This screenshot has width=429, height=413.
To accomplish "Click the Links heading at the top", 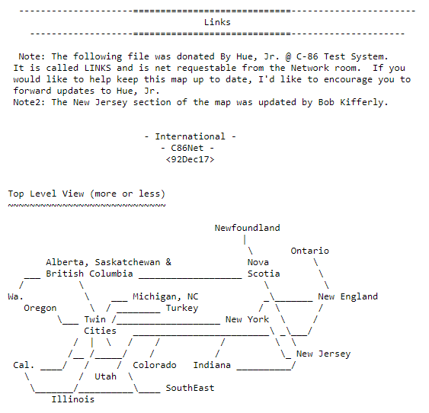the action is pyautogui.click(x=217, y=22).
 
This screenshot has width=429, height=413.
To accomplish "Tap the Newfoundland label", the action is pyautogui.click(x=248, y=228).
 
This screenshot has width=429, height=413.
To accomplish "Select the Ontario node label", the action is pyautogui.click(x=309, y=251).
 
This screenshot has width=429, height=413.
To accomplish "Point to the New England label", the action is pyautogui.click(x=348, y=296).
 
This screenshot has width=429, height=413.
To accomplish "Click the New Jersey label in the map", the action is pyautogui.click(x=323, y=354).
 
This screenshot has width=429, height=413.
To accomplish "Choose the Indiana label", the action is pyautogui.click(x=212, y=365).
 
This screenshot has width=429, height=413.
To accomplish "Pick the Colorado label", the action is pyautogui.click(x=155, y=365).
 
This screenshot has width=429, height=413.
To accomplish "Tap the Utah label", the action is pyautogui.click(x=106, y=376).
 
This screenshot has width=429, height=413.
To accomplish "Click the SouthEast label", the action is pyautogui.click(x=190, y=388).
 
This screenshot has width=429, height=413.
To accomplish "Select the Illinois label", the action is pyautogui.click(x=73, y=399).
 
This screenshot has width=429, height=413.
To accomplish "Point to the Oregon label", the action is pyautogui.click(x=40, y=309).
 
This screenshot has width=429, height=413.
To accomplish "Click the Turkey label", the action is pyautogui.click(x=182, y=309).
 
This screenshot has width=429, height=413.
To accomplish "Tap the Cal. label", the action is pyautogui.click(x=24, y=365).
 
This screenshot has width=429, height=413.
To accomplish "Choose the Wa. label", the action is pyautogui.click(x=15, y=296).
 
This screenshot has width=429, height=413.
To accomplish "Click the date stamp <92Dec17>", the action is pyautogui.click(x=190, y=159).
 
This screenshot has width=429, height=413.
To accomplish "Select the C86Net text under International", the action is pyautogui.click(x=187, y=148).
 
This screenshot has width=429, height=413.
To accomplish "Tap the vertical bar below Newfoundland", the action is pyautogui.click(x=245, y=240).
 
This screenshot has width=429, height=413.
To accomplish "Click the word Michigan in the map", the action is pyautogui.click(x=155, y=296).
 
